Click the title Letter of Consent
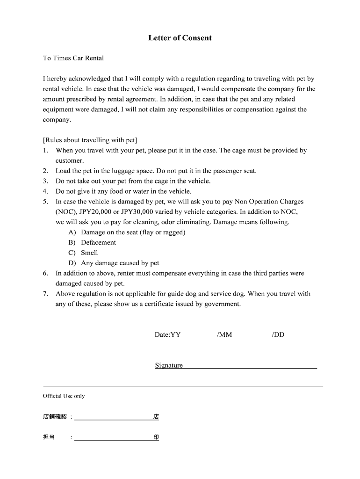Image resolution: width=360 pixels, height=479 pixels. (180, 38)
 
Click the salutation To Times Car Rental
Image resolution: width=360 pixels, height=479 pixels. (73, 58)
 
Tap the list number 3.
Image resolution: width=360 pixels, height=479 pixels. (45, 181)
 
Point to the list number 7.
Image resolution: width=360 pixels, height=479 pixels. (45, 294)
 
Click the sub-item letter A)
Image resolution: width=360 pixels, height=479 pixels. (72, 232)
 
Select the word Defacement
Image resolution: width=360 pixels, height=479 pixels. (98, 242)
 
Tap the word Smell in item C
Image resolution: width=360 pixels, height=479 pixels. (89, 253)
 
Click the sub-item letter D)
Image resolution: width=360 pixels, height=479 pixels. (72, 263)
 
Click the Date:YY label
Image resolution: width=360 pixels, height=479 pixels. (167, 335)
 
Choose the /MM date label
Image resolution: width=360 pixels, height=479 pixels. (224, 335)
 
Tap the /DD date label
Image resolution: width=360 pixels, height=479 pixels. (278, 335)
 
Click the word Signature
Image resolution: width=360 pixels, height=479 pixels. (169, 365)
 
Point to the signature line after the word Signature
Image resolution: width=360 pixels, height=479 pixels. (250, 367)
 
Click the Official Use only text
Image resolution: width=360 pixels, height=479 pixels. (64, 396)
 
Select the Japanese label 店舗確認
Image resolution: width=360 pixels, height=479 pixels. (55, 416)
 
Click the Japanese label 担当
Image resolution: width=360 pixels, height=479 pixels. (49, 437)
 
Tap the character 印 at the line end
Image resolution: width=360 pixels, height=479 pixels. (156, 437)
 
